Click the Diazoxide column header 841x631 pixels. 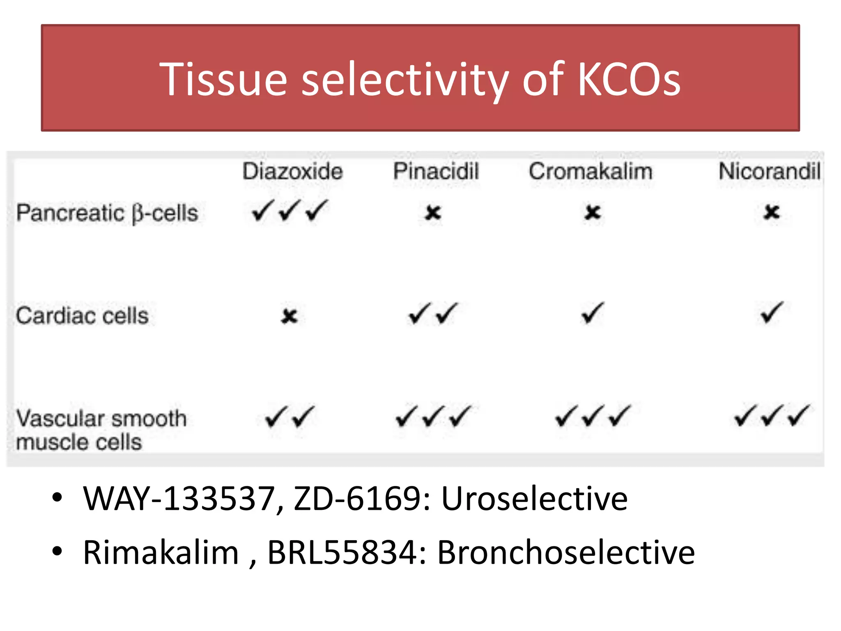pyautogui.click(x=292, y=171)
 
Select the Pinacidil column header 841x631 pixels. pyautogui.click(x=436, y=171)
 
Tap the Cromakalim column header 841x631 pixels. pyautogui.click(x=590, y=171)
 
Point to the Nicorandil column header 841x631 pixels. pyautogui.click(x=770, y=171)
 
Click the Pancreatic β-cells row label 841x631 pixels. pyautogui.click(x=107, y=213)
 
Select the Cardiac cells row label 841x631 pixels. pyautogui.click(x=82, y=316)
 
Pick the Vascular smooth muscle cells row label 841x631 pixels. pyautogui.click(x=101, y=430)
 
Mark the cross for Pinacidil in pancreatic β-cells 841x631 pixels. pyautogui.click(x=433, y=213)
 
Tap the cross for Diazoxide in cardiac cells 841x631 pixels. pyautogui.click(x=290, y=316)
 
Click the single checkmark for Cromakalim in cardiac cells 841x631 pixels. pyautogui.click(x=593, y=313)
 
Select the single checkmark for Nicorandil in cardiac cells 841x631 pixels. pyautogui.click(x=771, y=313)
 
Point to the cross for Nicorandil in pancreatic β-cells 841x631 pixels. pyautogui.click(x=772, y=212)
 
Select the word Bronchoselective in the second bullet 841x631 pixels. pyautogui.click(x=565, y=553)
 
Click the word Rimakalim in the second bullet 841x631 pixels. pyautogui.click(x=161, y=553)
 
